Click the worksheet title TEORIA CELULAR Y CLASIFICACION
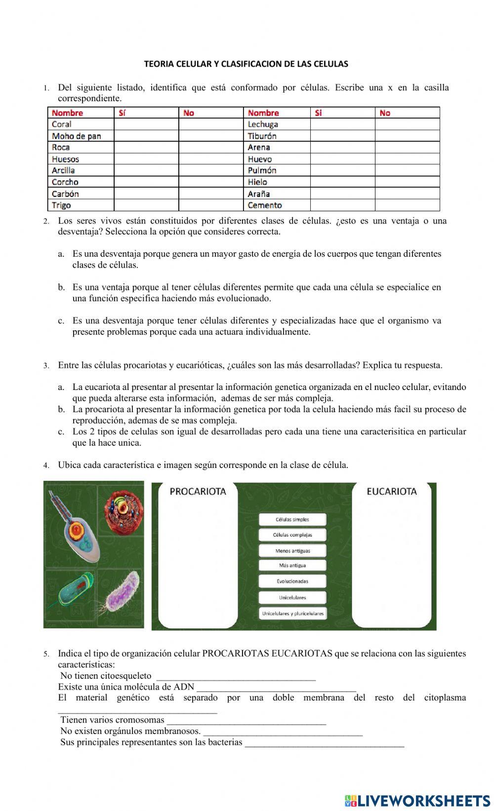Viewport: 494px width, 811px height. pos(246,64)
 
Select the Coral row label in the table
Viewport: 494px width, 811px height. pos(62,124)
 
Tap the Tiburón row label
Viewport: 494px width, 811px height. pos(262,136)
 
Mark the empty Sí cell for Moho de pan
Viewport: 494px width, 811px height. pos(146,136)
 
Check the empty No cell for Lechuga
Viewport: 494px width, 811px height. pos(407,124)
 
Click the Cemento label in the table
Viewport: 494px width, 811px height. pos(265,205)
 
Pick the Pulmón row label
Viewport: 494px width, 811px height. pos(262,170)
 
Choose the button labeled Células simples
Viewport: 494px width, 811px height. pos(292,519)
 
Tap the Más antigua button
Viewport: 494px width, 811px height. pos(292,565)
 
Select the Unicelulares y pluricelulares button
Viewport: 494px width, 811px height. pos(292,614)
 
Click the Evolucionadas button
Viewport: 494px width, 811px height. pos(292,581)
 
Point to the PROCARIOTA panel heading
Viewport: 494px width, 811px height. pos(198,491)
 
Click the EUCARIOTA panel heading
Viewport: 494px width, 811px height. pos(392,491)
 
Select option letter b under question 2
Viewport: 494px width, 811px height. pos(61,287)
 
